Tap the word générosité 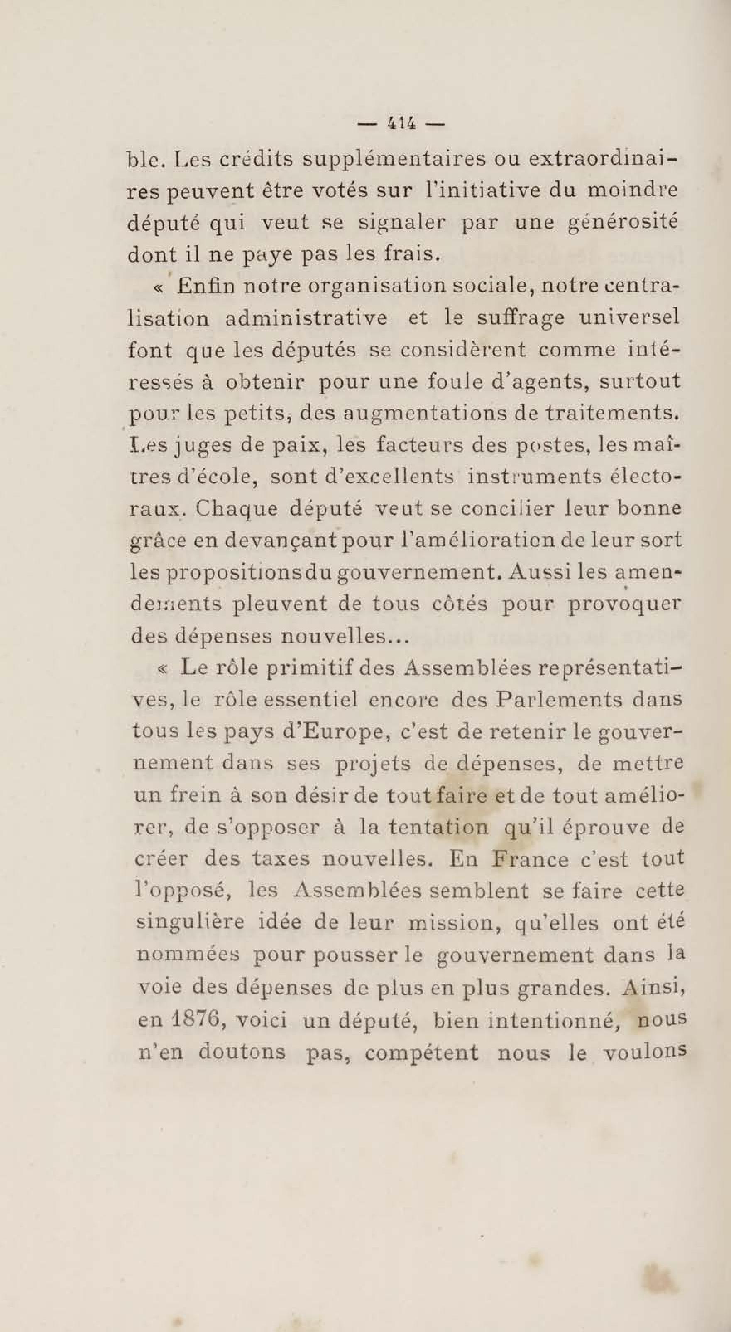tap(622, 223)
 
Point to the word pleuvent tap(280, 604)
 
